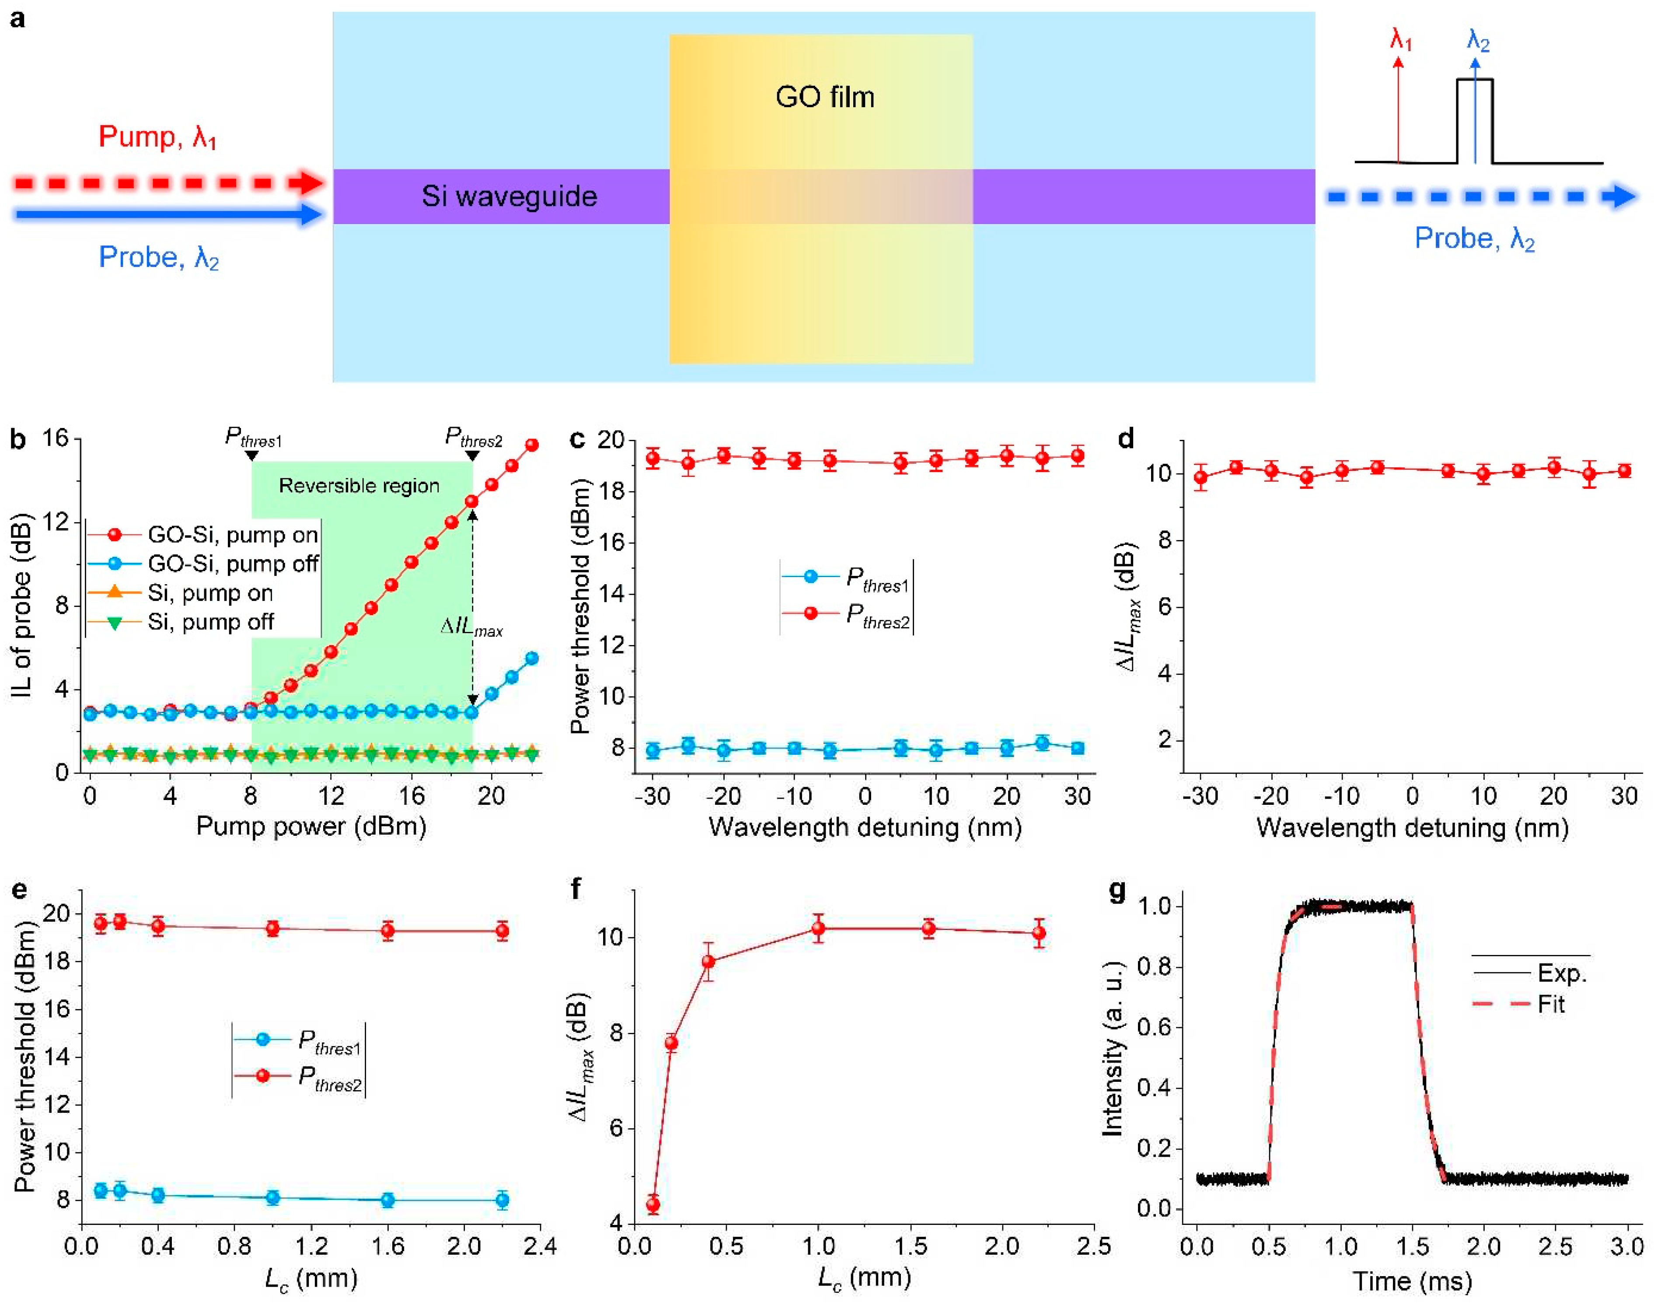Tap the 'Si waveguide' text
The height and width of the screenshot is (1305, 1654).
(509, 196)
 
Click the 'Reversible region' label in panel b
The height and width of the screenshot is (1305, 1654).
(359, 486)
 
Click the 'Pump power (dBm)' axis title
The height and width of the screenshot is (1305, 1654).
(311, 827)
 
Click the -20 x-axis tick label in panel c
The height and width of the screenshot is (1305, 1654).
(723, 797)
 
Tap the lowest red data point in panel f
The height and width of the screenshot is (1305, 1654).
(653, 1205)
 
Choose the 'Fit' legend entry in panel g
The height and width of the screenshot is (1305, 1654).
(1550, 1004)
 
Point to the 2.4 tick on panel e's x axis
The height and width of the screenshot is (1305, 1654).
(540, 1246)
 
